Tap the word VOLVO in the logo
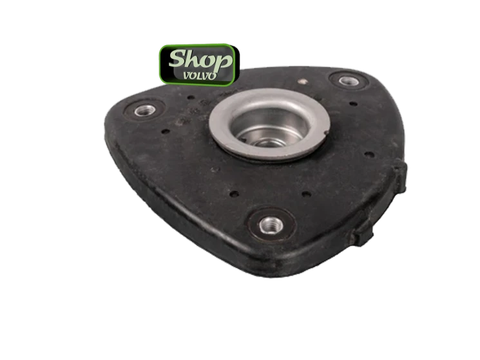pyautogui.click(x=200, y=75)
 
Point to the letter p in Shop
pyautogui.click(x=222, y=62)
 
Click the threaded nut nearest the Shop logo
pyautogui.click(x=145, y=110)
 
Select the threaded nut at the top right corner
pyautogui.click(x=348, y=81)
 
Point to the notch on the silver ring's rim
pyautogui.click(x=327, y=133)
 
